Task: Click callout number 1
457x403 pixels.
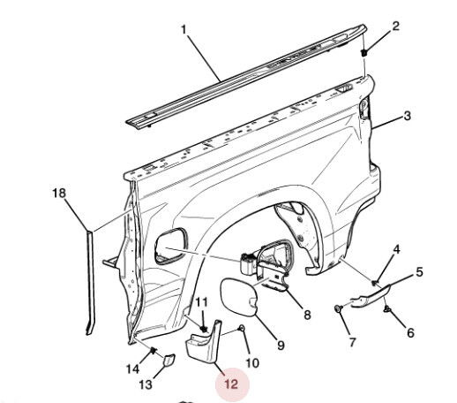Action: (184, 30)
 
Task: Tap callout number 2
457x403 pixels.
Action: (396, 27)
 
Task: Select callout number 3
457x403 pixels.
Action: (407, 116)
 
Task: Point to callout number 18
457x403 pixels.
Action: (59, 194)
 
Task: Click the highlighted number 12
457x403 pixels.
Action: (231, 384)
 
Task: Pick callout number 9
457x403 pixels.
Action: (281, 345)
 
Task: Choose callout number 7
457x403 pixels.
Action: (353, 342)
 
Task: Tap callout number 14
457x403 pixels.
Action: (132, 369)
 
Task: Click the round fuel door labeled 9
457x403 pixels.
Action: (239, 298)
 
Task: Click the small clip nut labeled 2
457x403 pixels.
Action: (364, 53)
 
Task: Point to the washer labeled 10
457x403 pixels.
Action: (242, 328)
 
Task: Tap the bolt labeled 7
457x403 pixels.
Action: (339, 308)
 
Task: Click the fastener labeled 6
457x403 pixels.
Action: (387, 309)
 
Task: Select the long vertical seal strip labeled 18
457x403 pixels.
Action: (90, 283)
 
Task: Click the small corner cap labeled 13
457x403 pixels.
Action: (169, 361)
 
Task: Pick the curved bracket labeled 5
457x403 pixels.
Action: (371, 296)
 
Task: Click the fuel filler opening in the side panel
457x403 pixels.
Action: (171, 246)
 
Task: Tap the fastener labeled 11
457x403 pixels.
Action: (203, 329)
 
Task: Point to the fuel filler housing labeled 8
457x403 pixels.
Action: (267, 263)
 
